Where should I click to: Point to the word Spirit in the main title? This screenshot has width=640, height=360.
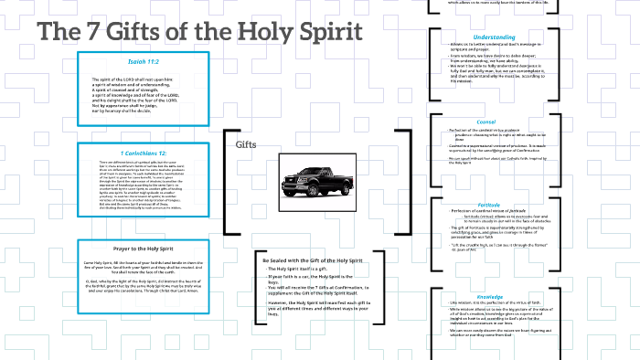tap(332, 30)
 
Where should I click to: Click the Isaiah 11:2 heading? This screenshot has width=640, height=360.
tap(141, 61)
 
